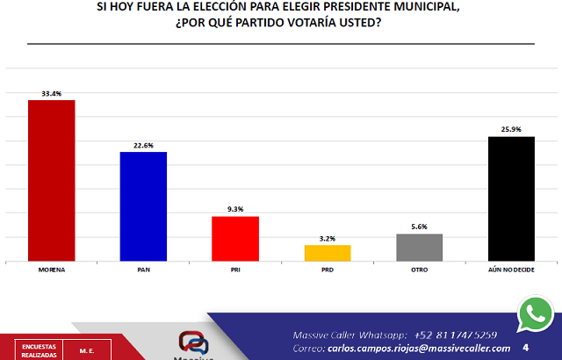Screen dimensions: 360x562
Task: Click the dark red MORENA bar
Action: click(x=52, y=180)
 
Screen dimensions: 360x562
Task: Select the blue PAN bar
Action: click(x=144, y=206)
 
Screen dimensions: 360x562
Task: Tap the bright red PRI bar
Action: click(x=235, y=238)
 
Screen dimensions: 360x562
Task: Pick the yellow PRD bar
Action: click(x=328, y=252)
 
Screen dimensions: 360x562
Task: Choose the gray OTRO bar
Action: click(x=419, y=247)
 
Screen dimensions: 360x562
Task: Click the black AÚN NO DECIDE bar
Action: click(x=511, y=198)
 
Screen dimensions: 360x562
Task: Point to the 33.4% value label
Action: click(x=52, y=92)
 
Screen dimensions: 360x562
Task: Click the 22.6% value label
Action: click(x=144, y=145)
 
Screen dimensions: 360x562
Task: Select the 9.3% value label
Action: click(x=235, y=209)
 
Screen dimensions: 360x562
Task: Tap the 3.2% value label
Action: click(x=328, y=238)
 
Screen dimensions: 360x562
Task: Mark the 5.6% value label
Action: click(x=419, y=227)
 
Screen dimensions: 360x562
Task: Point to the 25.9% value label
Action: click(x=511, y=129)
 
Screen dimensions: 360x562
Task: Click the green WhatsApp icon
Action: click(x=536, y=313)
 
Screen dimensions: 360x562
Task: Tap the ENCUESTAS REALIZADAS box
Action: click(x=39, y=349)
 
